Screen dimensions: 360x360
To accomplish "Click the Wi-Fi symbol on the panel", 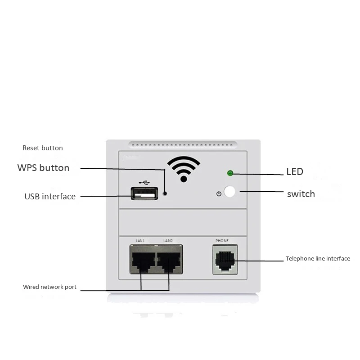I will tap(184, 168).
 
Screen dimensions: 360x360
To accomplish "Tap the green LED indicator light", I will tap(230, 172).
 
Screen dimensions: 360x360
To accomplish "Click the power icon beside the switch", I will tap(219, 193).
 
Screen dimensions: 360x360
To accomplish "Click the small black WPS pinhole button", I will tap(165, 193).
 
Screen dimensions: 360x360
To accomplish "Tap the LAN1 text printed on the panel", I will tap(140, 241).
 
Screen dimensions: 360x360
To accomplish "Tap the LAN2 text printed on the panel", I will tap(168, 241).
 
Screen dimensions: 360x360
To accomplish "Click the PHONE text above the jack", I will tap(222, 241).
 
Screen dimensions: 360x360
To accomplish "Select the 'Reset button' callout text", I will tap(43, 148).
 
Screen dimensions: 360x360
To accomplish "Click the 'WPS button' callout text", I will tap(43, 168).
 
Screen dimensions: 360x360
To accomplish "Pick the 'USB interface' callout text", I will tap(50, 196).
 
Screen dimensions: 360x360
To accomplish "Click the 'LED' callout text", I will tap(295, 171).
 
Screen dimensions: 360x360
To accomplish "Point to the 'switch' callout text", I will tap(301, 194).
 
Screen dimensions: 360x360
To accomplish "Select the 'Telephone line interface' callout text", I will tap(318, 259).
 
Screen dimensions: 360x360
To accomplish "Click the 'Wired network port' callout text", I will tap(49, 287).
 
